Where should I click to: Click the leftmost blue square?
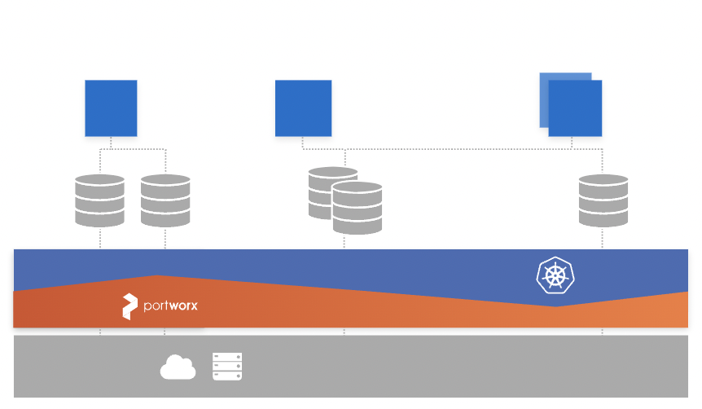111,108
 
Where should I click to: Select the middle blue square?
303,108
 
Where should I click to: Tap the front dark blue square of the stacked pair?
576,109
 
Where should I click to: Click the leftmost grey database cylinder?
99,200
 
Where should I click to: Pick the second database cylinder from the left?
165,200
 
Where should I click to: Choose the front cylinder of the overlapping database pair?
358,209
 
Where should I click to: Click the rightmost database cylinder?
603,200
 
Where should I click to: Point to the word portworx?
170,306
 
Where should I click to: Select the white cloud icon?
178,367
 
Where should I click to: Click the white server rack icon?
227,367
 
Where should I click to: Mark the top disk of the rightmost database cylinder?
603,182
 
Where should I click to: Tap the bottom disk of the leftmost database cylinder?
99,218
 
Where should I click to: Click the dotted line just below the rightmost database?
603,238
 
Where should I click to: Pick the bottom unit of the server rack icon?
227,376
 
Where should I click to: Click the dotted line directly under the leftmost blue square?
111,143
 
